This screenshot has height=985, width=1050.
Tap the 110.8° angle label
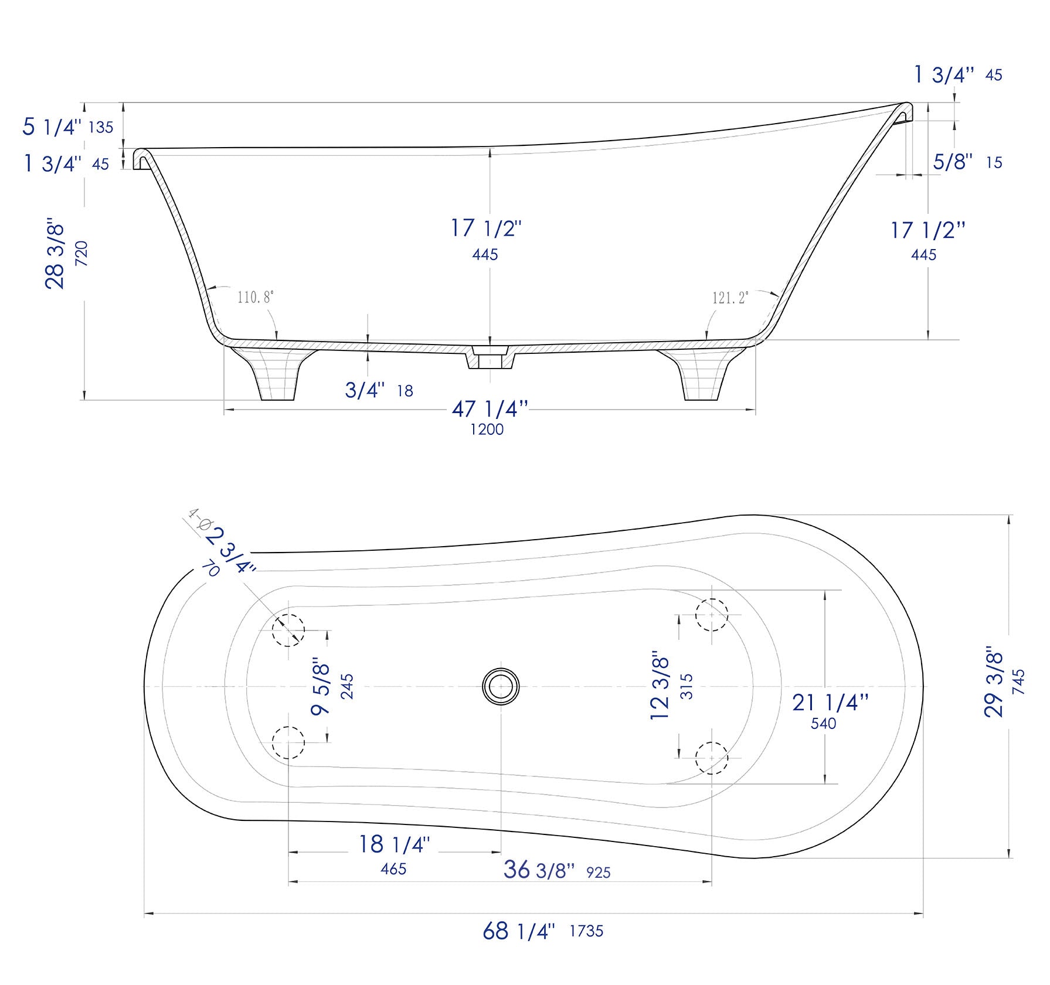pyautogui.click(x=255, y=297)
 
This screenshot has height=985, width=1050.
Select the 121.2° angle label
pyautogui.click(x=730, y=298)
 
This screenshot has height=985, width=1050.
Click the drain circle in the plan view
pyautogui.click(x=501, y=686)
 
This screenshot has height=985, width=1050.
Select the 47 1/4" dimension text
pyautogui.click(x=490, y=409)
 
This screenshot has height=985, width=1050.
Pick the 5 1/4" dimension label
pyautogui.click(x=52, y=127)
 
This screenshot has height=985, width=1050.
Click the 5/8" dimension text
pyautogui.click(x=953, y=162)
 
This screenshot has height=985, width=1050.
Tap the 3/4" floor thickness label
pyautogui.click(x=365, y=390)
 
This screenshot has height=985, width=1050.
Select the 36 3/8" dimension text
pyautogui.click(x=539, y=870)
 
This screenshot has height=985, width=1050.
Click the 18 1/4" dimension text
pyautogui.click(x=394, y=844)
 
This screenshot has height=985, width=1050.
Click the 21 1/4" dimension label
pyautogui.click(x=830, y=702)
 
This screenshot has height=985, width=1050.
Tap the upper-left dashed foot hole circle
pyautogui.click(x=288, y=630)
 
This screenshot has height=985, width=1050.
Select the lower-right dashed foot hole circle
pyautogui.click(x=711, y=757)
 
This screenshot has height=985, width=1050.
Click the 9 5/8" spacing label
pyautogui.click(x=321, y=686)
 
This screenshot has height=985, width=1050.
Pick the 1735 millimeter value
pyautogui.click(x=586, y=931)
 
